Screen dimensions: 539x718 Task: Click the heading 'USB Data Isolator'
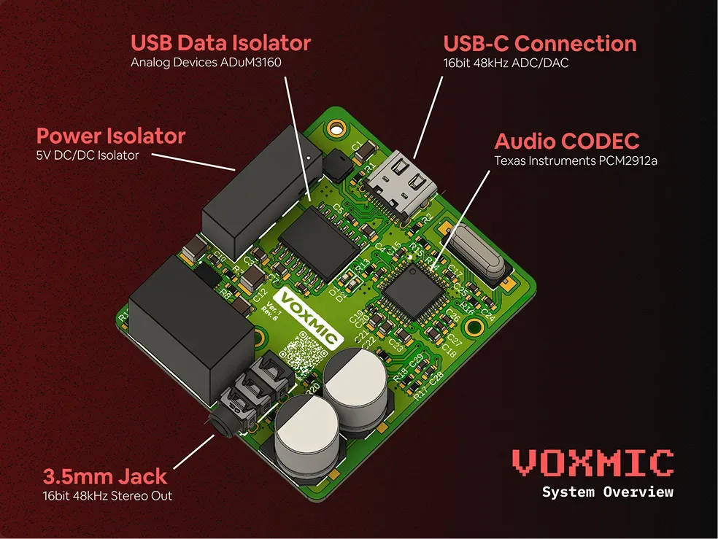coord(220,42)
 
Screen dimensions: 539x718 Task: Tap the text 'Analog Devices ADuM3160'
coord(206,63)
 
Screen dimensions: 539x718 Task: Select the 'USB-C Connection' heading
coord(540,43)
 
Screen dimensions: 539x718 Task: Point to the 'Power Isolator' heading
coord(111,136)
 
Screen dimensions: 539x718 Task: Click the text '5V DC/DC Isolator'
coord(88,155)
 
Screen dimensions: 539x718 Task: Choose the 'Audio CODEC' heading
coord(567,141)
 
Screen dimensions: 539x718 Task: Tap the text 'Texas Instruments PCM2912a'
coord(576,160)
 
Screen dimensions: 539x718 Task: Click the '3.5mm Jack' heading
coord(105,477)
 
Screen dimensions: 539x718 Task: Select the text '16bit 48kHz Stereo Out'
coord(108,497)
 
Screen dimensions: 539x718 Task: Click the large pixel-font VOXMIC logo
coord(592,462)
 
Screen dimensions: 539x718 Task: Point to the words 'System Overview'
coord(607,492)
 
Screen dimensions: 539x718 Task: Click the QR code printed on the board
coord(301,353)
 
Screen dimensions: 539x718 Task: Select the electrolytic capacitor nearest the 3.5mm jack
coord(306,431)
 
